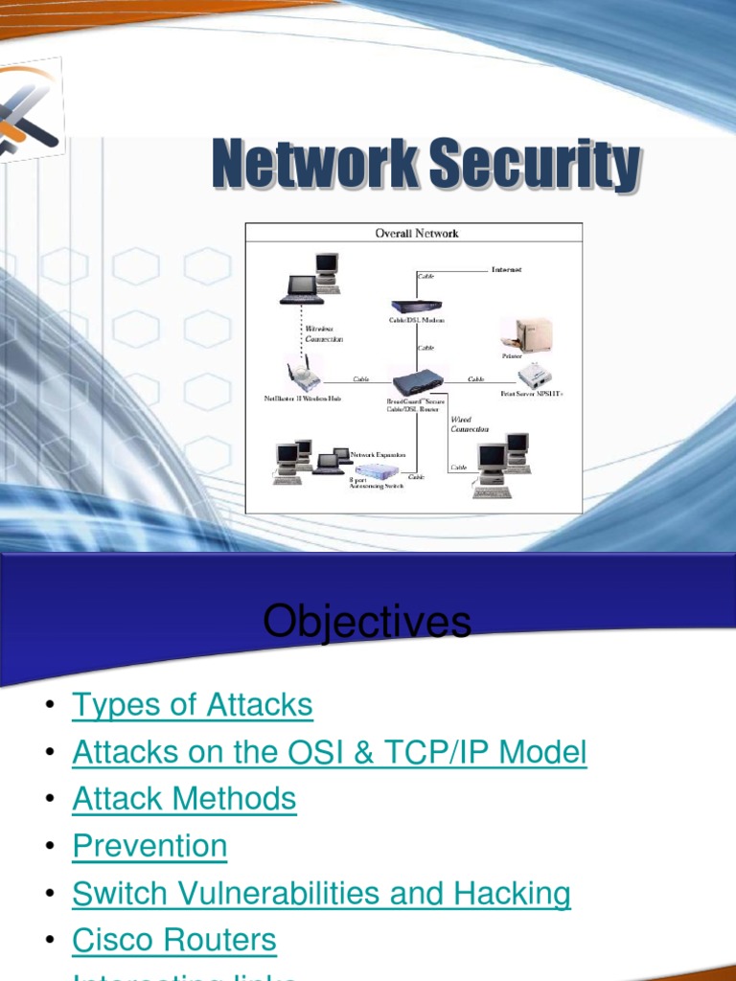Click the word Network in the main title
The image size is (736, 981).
(315, 165)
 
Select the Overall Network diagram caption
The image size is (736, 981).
(415, 233)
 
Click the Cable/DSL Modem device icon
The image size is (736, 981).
(416, 306)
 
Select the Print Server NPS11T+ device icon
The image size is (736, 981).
(533, 375)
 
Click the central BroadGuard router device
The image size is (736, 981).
(417, 381)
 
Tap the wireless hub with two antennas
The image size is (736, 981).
(304, 374)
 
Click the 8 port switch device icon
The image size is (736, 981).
(377, 470)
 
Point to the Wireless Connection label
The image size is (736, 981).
(323, 333)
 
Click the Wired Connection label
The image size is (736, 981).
(470, 424)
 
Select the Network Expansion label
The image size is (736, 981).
(378, 455)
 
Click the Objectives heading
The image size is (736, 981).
(367, 622)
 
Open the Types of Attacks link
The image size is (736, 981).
(193, 705)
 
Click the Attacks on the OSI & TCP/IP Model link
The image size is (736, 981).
(329, 752)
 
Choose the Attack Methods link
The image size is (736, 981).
(184, 799)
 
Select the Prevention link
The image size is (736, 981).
(149, 846)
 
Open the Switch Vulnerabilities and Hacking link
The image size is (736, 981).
(321, 893)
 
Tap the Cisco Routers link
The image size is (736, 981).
(174, 940)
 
